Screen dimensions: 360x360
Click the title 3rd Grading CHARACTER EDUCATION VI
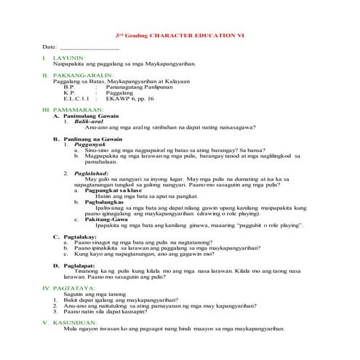click(180, 35)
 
